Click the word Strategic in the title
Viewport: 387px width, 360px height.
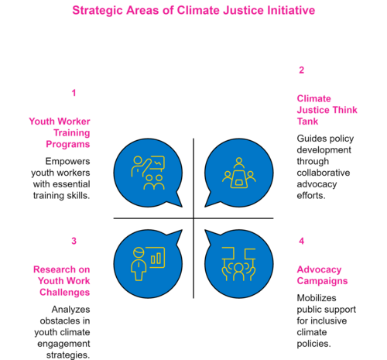click(x=98, y=11)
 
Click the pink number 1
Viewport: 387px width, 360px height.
click(x=74, y=93)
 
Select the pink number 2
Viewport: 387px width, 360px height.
click(x=301, y=70)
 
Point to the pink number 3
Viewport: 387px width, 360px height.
click(x=74, y=241)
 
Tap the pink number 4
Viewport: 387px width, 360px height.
click(x=301, y=241)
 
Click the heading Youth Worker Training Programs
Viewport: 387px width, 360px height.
click(x=60, y=133)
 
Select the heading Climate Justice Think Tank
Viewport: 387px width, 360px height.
click(x=327, y=110)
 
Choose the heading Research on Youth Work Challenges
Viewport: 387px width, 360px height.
click(x=62, y=281)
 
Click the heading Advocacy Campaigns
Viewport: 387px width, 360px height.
click(x=322, y=276)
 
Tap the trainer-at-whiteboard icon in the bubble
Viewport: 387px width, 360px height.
click(x=148, y=173)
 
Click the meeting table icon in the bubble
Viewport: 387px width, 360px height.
click(x=239, y=173)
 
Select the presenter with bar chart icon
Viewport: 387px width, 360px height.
click(x=148, y=264)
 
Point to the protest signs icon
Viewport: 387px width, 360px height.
click(x=239, y=264)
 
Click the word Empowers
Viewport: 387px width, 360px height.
click(x=67, y=162)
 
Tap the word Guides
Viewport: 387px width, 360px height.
click(x=308, y=139)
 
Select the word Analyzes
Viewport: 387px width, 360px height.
click(x=70, y=309)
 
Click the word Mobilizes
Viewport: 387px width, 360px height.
click(x=317, y=298)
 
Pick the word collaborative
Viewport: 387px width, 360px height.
click(x=324, y=173)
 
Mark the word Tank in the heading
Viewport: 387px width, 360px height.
click(x=307, y=122)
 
